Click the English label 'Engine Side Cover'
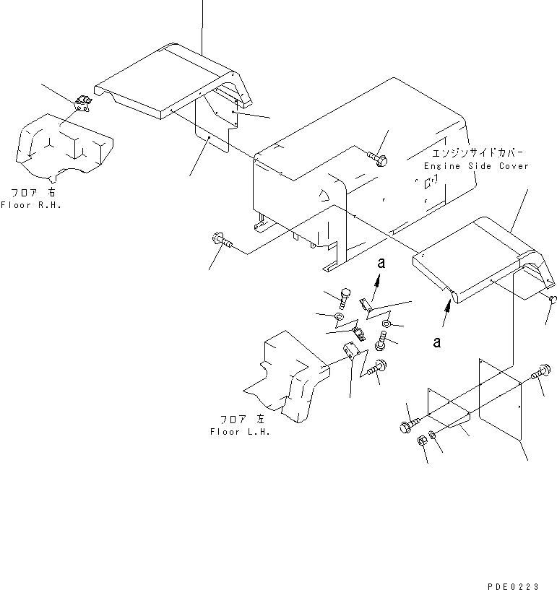(476, 166)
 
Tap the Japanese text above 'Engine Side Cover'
(478, 153)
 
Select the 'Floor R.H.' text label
(31, 205)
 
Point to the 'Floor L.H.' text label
(240, 432)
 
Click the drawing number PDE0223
(513, 586)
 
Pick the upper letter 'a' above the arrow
(381, 263)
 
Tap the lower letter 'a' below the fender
(436, 342)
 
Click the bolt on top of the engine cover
(378, 158)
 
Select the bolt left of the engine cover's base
(222, 240)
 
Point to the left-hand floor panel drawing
(287, 376)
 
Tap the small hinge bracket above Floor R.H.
(83, 103)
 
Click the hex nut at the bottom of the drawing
(422, 441)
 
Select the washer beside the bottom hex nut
(433, 435)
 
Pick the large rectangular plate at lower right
(500, 399)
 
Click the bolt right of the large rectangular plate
(541, 372)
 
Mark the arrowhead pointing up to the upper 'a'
(378, 279)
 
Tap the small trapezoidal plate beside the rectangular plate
(448, 408)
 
